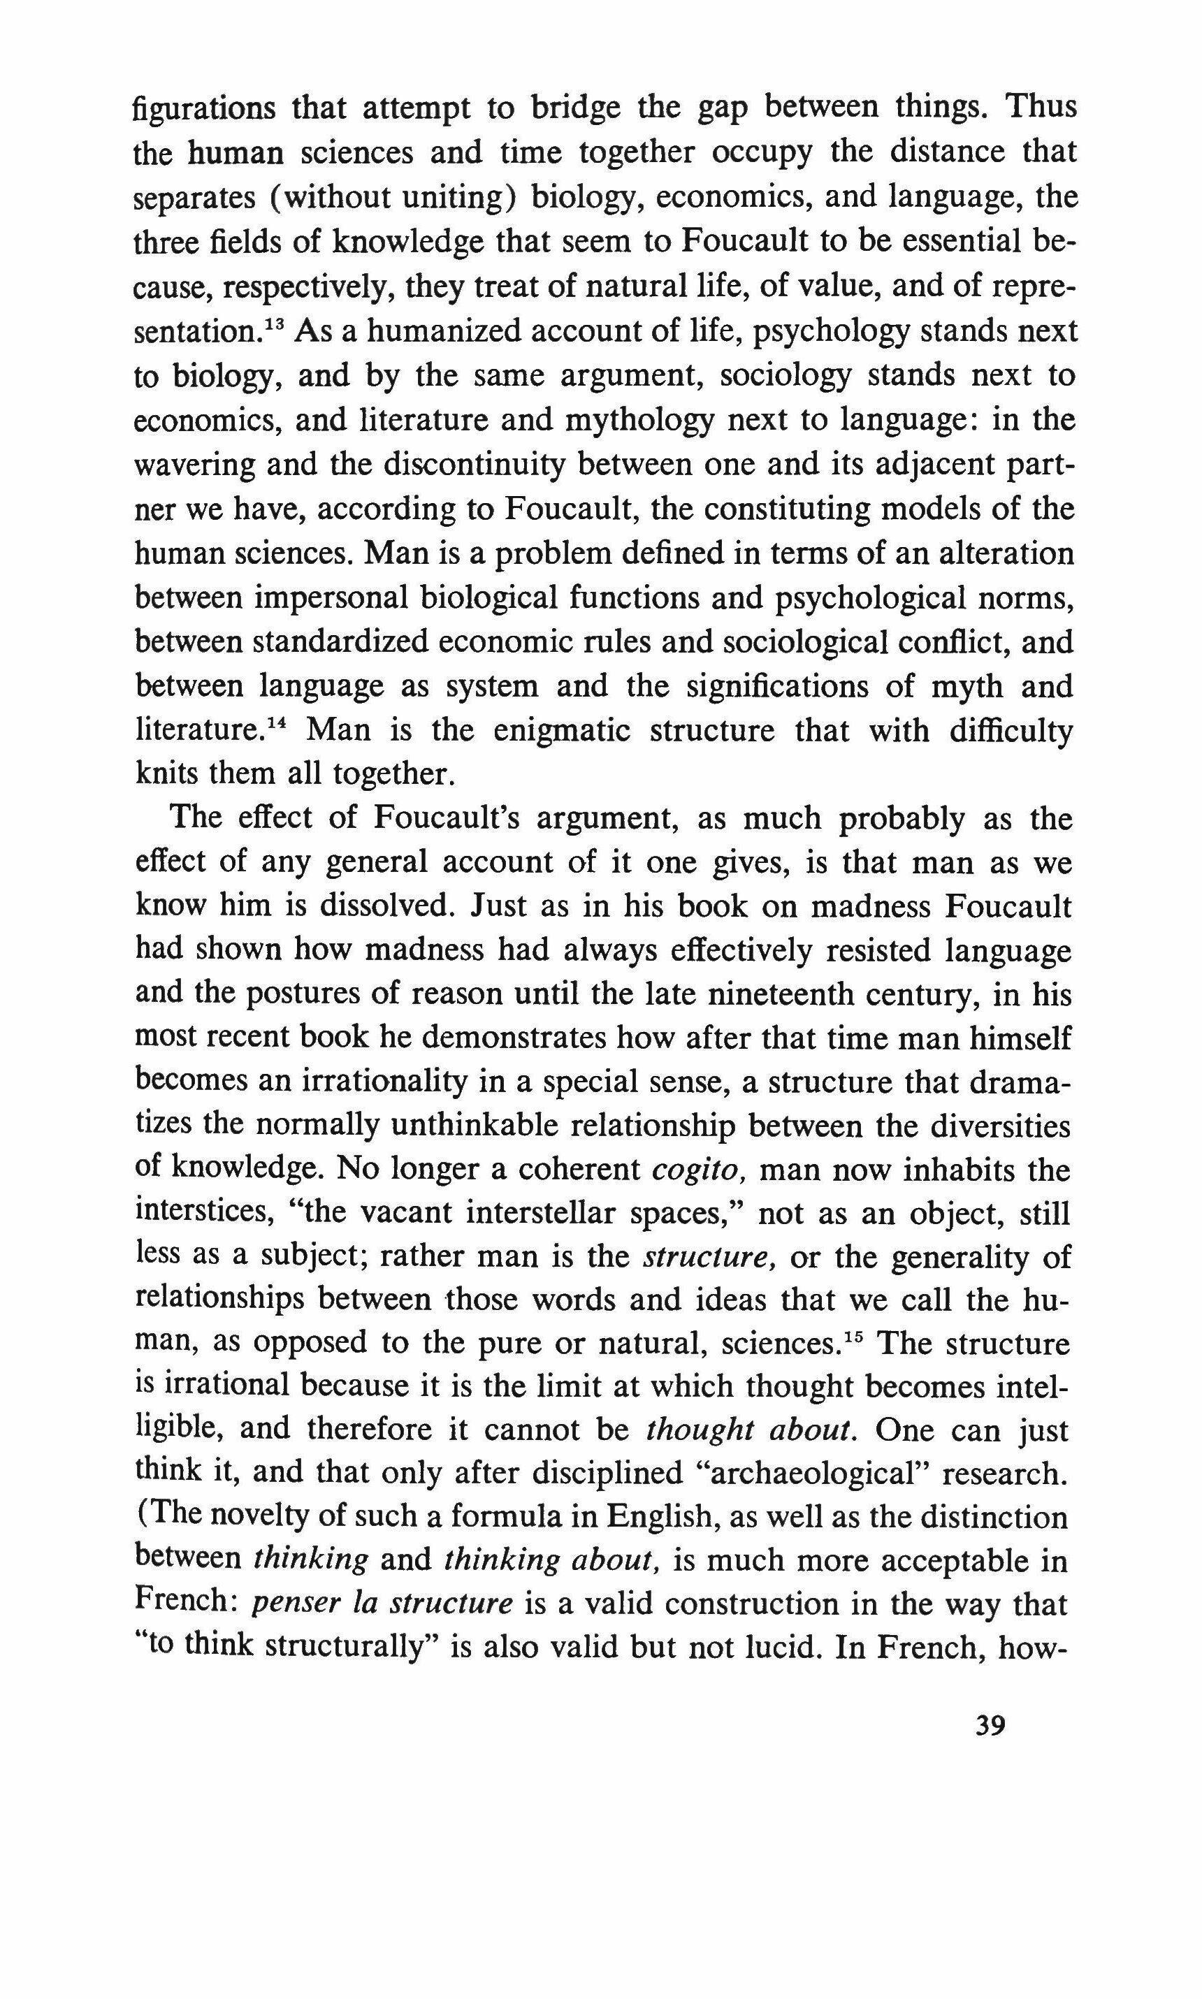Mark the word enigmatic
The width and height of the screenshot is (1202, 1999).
coord(564,731)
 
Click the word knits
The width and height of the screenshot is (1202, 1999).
coord(164,774)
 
